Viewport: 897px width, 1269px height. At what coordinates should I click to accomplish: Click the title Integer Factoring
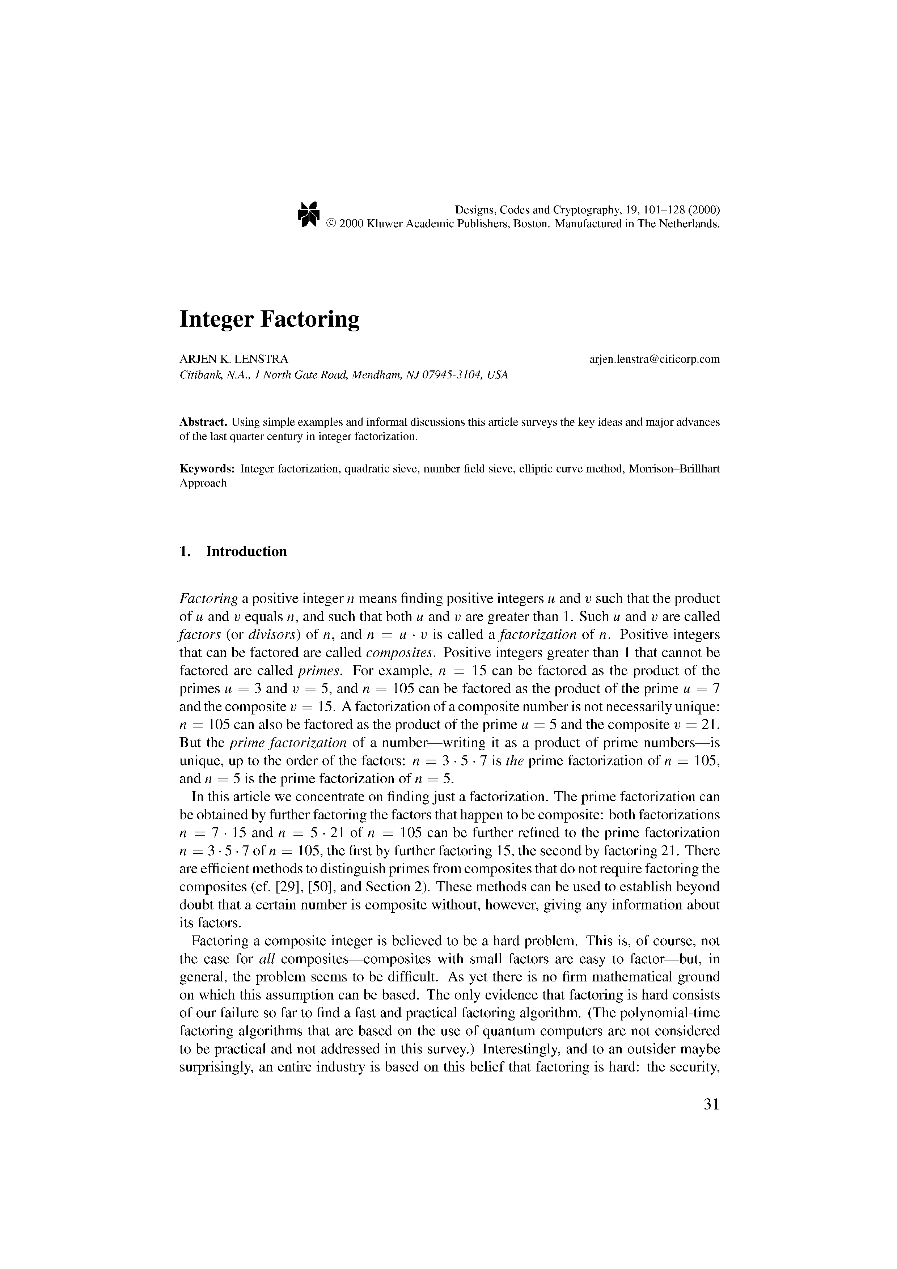click(269, 319)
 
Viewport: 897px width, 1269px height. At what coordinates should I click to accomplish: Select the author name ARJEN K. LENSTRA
click(234, 359)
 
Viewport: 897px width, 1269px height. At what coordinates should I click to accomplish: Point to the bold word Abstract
click(203, 422)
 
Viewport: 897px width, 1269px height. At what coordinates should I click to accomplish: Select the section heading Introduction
click(246, 552)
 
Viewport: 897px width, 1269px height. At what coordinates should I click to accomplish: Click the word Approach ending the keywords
click(203, 483)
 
